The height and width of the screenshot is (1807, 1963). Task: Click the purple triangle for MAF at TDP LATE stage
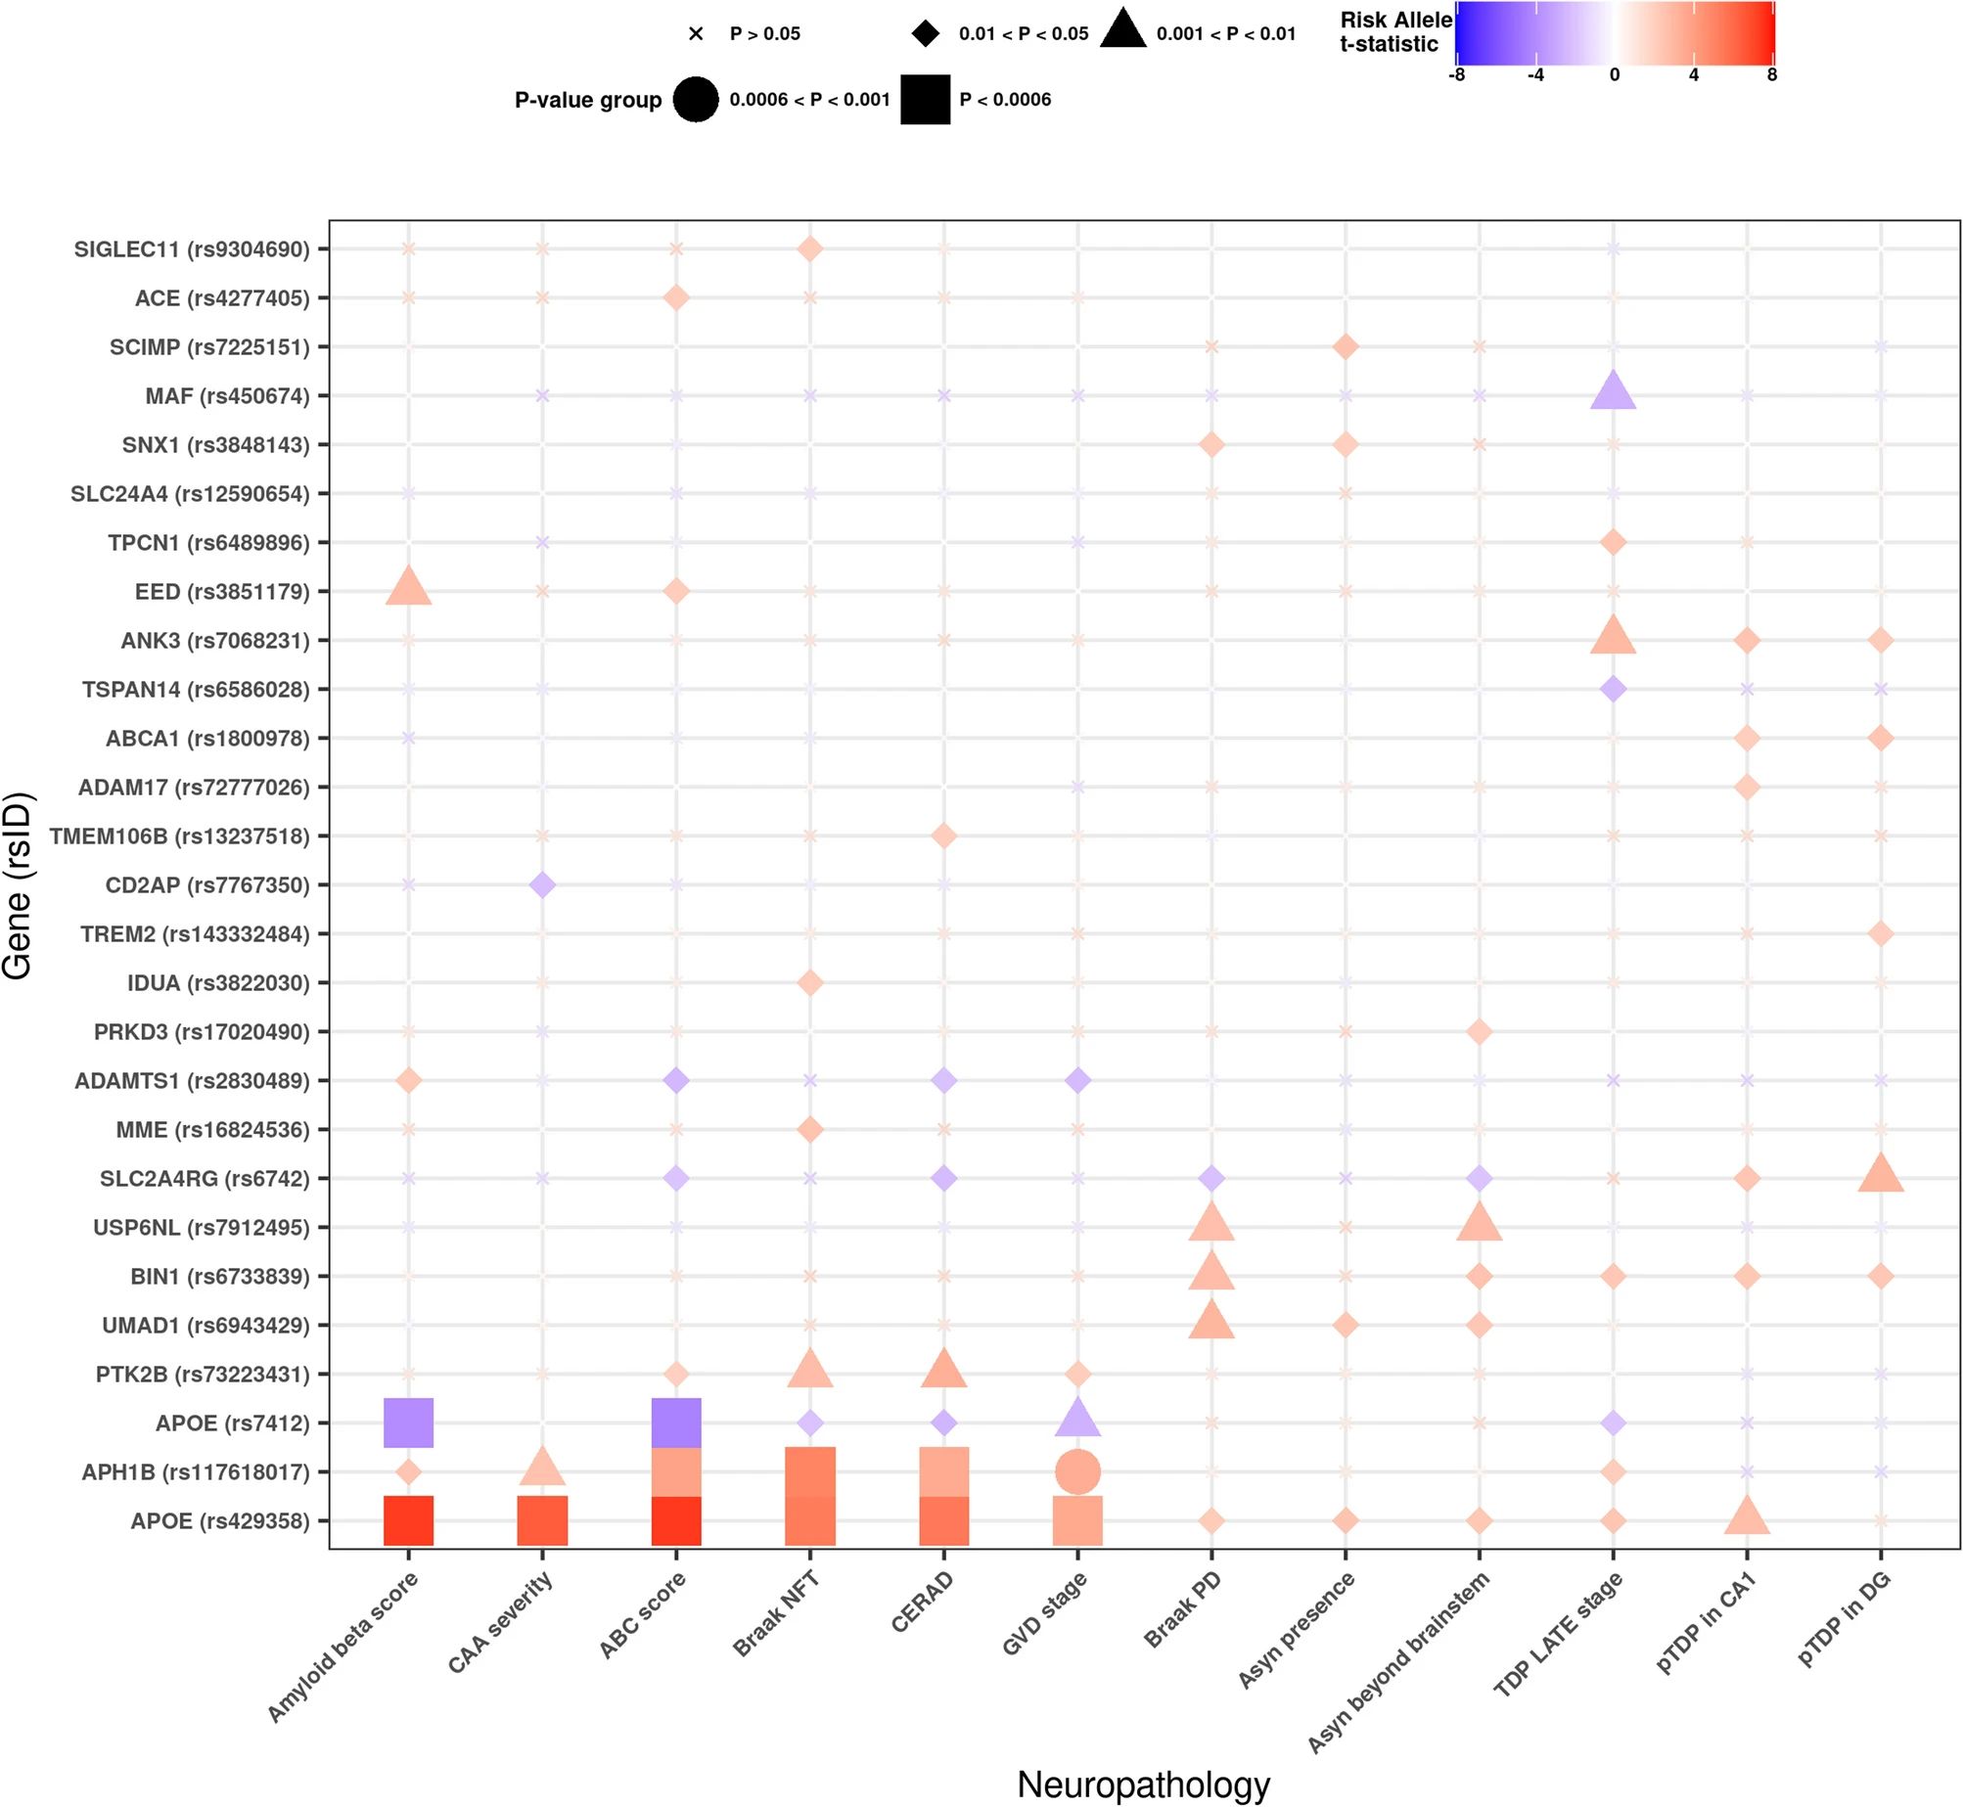[x=1613, y=392]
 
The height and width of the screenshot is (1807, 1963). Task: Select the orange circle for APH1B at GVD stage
[x=1077, y=1471]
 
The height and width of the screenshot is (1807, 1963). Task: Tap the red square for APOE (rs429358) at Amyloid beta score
[x=408, y=1520]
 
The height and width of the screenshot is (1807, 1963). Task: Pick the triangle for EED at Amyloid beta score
[x=408, y=588]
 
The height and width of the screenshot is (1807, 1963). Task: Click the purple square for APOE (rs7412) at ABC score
[x=676, y=1423]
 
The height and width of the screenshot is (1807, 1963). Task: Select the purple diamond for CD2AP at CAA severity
[x=542, y=884]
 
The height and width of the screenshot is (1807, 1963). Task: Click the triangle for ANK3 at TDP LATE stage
[x=1613, y=637]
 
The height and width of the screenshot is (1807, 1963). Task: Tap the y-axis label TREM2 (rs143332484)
[x=195, y=934]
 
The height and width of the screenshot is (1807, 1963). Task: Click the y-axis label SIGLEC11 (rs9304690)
[x=192, y=249]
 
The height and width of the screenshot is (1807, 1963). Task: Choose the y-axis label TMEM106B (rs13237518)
[x=180, y=836]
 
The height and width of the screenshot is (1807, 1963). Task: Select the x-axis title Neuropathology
[x=1143, y=1784]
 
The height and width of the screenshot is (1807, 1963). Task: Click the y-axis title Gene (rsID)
[x=18, y=885]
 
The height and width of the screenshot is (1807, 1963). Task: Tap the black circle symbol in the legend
[x=696, y=99]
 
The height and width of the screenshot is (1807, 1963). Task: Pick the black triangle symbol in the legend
[x=1122, y=29]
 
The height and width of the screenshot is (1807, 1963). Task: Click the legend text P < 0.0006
[x=1005, y=99]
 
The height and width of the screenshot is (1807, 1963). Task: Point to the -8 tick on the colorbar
[x=1457, y=75]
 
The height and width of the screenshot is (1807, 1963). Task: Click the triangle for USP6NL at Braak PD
[x=1211, y=1224]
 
